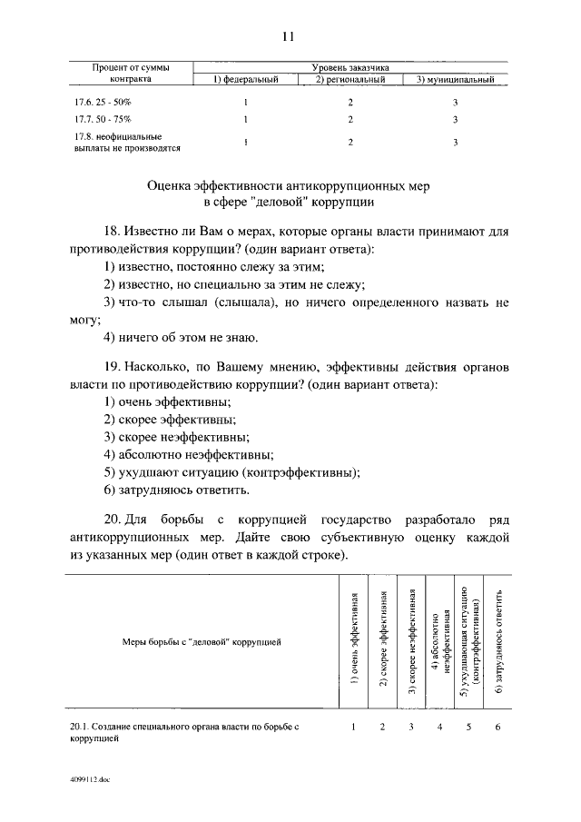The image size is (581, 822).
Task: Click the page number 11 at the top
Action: (x=289, y=37)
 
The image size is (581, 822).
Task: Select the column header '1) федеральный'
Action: (x=244, y=80)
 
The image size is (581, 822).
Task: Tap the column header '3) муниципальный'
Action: (x=455, y=80)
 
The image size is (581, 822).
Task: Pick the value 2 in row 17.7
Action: (x=350, y=120)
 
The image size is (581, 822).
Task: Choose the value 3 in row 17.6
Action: (x=455, y=103)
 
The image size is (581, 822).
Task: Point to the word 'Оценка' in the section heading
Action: (x=175, y=185)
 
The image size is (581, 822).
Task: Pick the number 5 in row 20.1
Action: (x=469, y=727)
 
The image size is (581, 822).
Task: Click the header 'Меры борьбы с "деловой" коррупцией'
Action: (x=195, y=642)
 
